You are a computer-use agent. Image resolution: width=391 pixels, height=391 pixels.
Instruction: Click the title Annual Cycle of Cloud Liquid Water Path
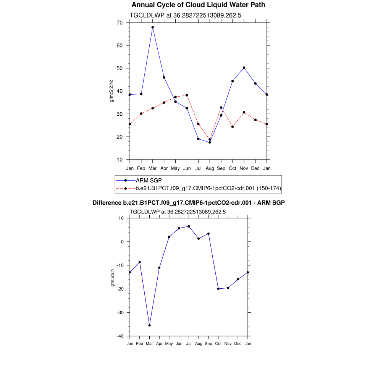coord(198,5)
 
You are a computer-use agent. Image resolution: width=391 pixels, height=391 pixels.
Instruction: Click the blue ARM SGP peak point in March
coord(153,27)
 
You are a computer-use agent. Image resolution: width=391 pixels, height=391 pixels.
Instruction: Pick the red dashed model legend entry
coord(208,188)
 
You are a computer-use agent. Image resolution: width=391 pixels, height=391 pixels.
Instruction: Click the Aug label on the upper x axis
coord(210,168)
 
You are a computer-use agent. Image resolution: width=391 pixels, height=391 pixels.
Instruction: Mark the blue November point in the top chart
coord(244,68)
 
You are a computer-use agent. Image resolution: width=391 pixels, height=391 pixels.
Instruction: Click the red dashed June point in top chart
coord(187,95)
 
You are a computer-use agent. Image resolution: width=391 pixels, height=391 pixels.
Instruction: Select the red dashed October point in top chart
coord(233,127)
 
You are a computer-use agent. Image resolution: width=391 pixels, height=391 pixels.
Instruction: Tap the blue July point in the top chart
coord(198,139)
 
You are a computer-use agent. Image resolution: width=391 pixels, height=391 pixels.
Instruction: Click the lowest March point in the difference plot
coord(149,325)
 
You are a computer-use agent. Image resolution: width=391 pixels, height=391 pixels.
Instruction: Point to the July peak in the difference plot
coord(189,226)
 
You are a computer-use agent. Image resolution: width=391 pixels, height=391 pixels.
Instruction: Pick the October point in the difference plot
coord(218,289)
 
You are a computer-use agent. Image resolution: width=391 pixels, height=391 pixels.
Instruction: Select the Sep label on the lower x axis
coord(208,344)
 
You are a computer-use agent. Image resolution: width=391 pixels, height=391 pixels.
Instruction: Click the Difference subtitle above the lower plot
coord(189,203)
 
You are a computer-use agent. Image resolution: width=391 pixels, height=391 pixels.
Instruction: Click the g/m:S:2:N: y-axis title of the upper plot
coord(112,91)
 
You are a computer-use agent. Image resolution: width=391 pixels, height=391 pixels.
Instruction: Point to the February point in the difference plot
coord(140,262)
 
